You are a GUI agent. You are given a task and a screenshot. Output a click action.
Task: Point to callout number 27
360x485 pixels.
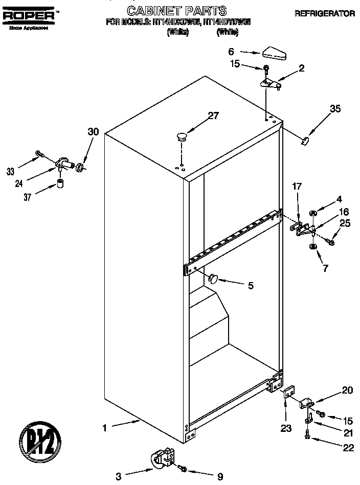(213, 116)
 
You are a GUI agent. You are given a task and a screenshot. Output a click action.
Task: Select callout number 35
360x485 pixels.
(335, 108)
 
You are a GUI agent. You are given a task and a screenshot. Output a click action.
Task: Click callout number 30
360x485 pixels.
(93, 131)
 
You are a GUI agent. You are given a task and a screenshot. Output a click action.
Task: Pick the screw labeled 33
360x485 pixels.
(40, 154)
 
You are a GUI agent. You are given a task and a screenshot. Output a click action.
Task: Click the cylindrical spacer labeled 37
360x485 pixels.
(60, 183)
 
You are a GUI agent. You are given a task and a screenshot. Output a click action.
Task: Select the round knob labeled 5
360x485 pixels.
(213, 278)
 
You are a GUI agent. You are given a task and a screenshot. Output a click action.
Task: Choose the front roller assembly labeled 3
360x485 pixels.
(162, 458)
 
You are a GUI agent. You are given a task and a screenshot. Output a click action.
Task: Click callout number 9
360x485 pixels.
(220, 477)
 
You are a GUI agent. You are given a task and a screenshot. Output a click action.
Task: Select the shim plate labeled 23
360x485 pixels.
(287, 395)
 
